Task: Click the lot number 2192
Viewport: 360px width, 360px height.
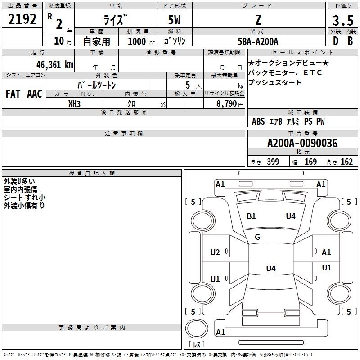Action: click(22, 19)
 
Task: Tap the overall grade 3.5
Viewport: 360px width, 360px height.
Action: click(343, 20)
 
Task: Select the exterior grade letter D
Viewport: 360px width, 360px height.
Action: click(336, 41)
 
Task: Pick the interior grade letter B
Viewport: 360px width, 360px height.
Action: click(350, 41)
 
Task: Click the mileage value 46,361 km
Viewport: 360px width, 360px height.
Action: click(54, 65)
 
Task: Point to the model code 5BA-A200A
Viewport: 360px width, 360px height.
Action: click(258, 41)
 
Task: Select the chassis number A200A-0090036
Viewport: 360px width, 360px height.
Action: click(302, 143)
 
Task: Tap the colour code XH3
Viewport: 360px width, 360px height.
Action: click(74, 104)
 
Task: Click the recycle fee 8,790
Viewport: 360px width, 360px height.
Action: click(226, 104)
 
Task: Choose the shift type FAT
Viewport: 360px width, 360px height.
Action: click(13, 94)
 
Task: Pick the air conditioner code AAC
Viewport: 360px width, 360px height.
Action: click(35, 94)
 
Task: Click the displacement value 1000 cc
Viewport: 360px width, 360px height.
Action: click(141, 42)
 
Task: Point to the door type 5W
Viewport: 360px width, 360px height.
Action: click(174, 20)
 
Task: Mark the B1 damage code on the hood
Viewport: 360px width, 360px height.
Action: click(251, 216)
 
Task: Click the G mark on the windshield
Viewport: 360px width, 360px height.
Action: click(257, 237)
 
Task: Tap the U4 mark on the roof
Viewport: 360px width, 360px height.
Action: click(271, 268)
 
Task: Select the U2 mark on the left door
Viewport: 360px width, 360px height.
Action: click(215, 252)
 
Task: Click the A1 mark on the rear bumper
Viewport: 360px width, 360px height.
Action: click(220, 332)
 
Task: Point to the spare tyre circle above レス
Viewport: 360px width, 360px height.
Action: click(197, 328)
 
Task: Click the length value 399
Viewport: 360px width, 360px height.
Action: click(273, 162)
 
